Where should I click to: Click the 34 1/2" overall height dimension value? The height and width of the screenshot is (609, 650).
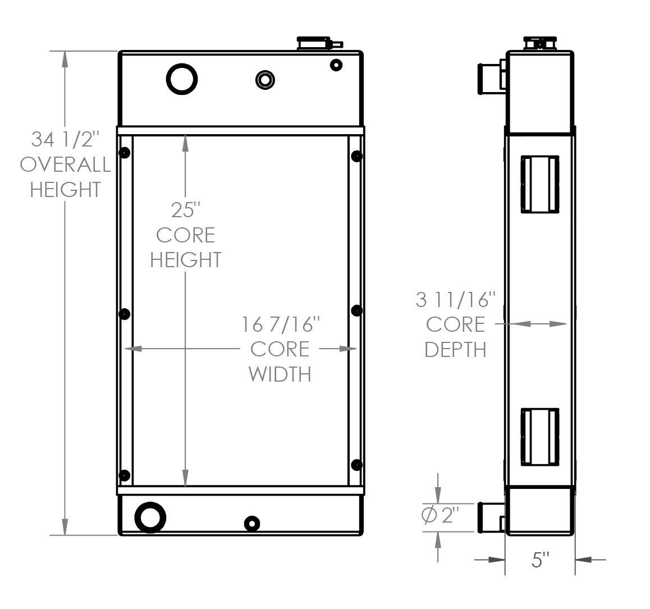click(65, 138)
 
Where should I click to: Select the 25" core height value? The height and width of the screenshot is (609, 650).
click(185, 210)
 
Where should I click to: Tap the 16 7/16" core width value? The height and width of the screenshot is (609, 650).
click(281, 324)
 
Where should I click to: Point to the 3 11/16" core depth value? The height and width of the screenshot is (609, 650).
click(456, 300)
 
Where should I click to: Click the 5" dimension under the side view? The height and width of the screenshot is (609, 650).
click(539, 560)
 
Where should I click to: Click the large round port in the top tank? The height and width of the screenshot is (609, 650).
click(182, 79)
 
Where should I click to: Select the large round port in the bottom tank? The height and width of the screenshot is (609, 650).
click(150, 516)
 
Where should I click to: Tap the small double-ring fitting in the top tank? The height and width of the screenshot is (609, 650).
click(265, 79)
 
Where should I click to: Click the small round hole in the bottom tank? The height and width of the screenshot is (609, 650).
click(252, 524)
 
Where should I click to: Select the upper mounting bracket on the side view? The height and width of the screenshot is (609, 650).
click(539, 184)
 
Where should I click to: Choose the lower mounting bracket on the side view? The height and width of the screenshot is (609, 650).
click(539, 437)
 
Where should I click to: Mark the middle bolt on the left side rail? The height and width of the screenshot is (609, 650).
click(125, 314)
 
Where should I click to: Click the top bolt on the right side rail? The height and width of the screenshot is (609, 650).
click(356, 156)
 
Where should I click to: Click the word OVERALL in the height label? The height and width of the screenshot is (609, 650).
click(65, 164)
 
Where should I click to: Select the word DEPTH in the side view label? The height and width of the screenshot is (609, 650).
click(455, 349)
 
